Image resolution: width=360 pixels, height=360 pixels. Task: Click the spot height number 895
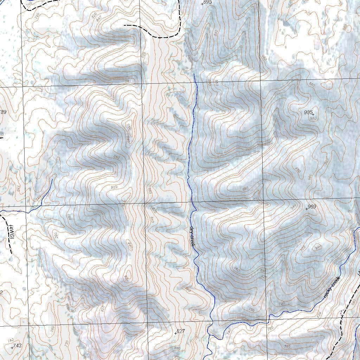click(x=208, y=2)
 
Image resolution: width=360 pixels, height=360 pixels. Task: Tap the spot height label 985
click(x=308, y=112)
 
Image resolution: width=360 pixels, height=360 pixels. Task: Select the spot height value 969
click(x=312, y=207)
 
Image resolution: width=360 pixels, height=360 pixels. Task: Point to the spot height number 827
click(x=181, y=331)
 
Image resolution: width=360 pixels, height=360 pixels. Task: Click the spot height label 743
click(x=17, y=346)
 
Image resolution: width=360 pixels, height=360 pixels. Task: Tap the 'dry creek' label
click(x=192, y=236)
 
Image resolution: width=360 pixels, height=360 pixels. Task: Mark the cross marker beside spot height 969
click(x=307, y=209)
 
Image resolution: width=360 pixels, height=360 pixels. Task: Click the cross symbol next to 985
click(x=313, y=114)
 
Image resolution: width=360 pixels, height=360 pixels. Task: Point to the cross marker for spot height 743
click(x=12, y=348)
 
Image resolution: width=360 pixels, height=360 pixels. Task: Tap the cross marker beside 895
click(x=202, y=4)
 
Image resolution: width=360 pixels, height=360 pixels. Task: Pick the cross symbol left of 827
click(x=175, y=333)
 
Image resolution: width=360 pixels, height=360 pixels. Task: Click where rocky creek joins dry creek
click(x=213, y=324)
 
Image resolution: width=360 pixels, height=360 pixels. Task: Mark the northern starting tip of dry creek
click(x=194, y=73)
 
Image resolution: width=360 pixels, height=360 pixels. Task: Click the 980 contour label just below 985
click(x=313, y=118)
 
